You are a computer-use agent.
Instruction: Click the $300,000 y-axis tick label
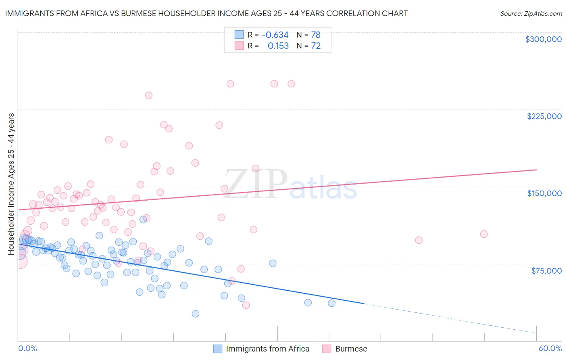[543, 39]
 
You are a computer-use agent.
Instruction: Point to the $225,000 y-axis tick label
[544, 116]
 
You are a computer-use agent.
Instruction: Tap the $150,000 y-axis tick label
[544, 193]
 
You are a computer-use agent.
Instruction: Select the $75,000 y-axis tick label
[546, 271]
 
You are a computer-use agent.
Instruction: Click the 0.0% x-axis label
[28, 348]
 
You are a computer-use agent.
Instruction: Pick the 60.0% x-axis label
[550, 348]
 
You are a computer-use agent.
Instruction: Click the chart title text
[206, 13]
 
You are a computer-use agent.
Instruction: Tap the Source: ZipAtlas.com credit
[531, 14]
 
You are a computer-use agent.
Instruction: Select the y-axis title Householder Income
[11, 184]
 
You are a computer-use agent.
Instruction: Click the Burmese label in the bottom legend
[351, 349]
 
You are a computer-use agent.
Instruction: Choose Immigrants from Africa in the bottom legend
[267, 349]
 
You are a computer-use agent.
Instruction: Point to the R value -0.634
[275, 35]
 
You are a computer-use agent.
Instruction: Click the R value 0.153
[278, 46]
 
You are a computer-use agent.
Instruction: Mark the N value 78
[316, 35]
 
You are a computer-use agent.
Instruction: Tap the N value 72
[316, 46]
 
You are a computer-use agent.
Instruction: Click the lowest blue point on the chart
[196, 314]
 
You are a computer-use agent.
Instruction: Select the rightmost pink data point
[484, 234]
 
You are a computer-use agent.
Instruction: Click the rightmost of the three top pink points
[291, 84]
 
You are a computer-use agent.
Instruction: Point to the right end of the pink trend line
[537, 170]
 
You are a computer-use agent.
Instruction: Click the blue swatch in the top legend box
[239, 35]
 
